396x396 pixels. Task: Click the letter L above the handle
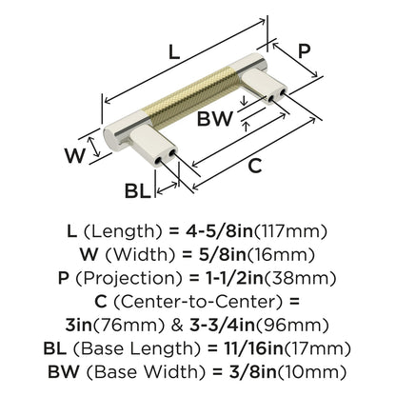click(x=173, y=54)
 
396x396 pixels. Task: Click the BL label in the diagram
click(x=139, y=191)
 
